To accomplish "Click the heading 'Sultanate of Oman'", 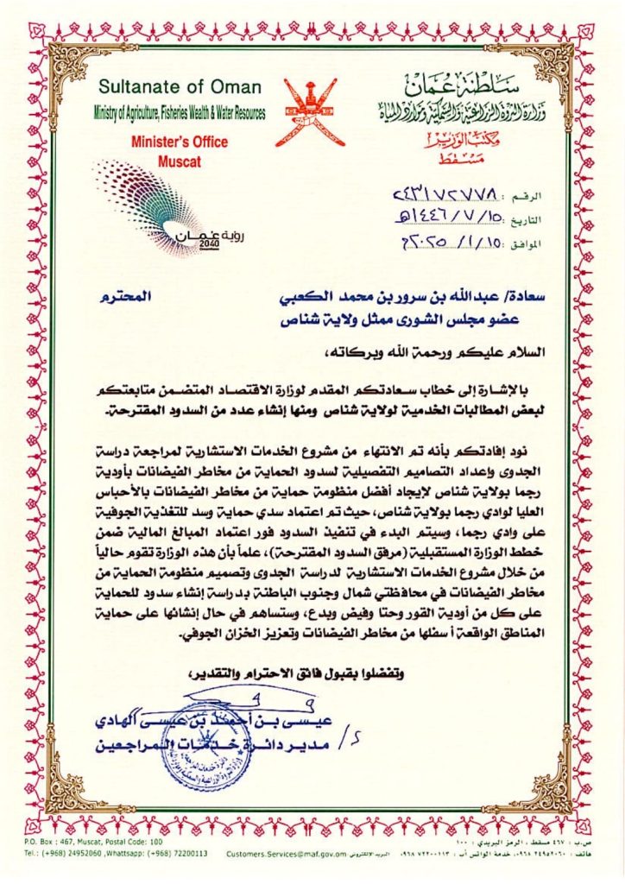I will (x=172, y=87).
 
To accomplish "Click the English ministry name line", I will (x=180, y=113).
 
